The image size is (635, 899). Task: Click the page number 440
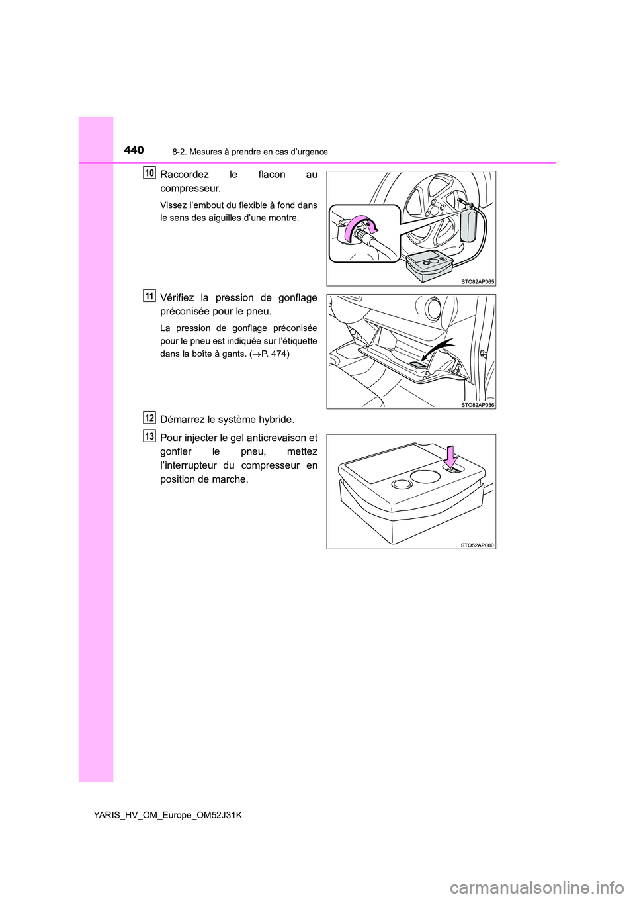point(134,150)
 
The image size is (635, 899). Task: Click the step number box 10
point(149,173)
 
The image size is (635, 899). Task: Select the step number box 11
point(149,296)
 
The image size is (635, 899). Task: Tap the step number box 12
point(149,418)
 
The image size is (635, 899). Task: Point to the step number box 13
point(149,436)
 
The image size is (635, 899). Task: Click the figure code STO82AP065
point(478,281)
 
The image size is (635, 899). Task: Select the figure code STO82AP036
point(478,404)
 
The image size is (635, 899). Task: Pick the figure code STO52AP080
point(478,545)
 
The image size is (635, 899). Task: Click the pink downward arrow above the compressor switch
point(450,456)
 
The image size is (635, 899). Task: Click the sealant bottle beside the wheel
point(468,223)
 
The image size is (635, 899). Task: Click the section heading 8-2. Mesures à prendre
point(249,152)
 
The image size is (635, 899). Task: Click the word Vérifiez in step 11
point(178,298)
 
